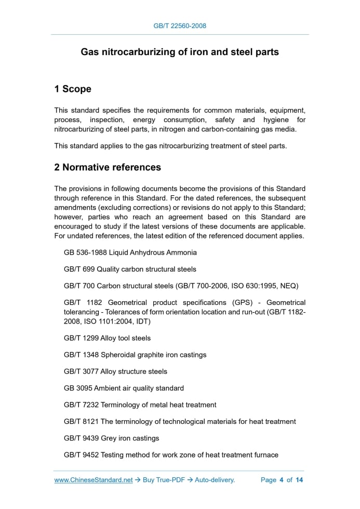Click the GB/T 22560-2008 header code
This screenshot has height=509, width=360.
(180, 25)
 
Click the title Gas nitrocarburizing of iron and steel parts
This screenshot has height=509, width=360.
(180, 52)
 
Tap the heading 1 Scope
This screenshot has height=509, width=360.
(73, 89)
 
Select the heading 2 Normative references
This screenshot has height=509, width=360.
(108, 167)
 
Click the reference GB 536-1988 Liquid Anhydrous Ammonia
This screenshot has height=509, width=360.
(130, 252)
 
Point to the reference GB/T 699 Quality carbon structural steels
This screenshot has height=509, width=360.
(130, 269)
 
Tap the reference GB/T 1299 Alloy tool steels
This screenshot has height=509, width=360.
(107, 338)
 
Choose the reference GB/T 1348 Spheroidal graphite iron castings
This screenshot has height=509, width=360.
(135, 355)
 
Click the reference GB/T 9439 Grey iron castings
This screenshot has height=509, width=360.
(111, 438)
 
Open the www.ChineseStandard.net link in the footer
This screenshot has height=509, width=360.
(94, 480)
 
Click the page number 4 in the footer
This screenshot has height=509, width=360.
(281, 480)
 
